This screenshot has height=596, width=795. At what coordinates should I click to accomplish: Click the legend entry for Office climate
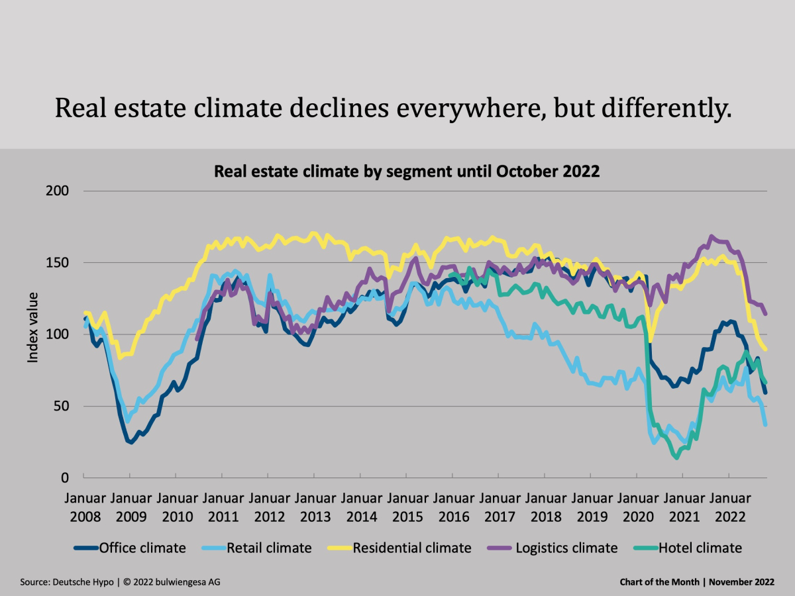(x=142, y=548)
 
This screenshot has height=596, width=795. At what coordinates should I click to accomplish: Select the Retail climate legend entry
(x=268, y=548)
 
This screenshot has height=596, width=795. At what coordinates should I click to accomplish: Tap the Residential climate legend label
(x=411, y=548)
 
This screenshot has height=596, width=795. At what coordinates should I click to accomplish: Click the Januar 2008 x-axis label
(x=84, y=507)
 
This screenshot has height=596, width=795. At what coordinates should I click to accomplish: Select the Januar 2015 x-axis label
(x=406, y=507)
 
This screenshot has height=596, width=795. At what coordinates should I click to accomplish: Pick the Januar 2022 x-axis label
(x=728, y=507)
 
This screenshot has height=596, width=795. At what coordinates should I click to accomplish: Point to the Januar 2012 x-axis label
(x=268, y=507)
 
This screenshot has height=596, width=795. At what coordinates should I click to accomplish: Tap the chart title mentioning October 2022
(x=406, y=172)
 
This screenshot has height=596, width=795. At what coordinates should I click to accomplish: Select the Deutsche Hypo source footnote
(x=120, y=582)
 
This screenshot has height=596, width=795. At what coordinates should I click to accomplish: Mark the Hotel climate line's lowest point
(x=676, y=457)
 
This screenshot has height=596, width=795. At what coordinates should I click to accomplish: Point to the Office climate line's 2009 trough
(x=131, y=442)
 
